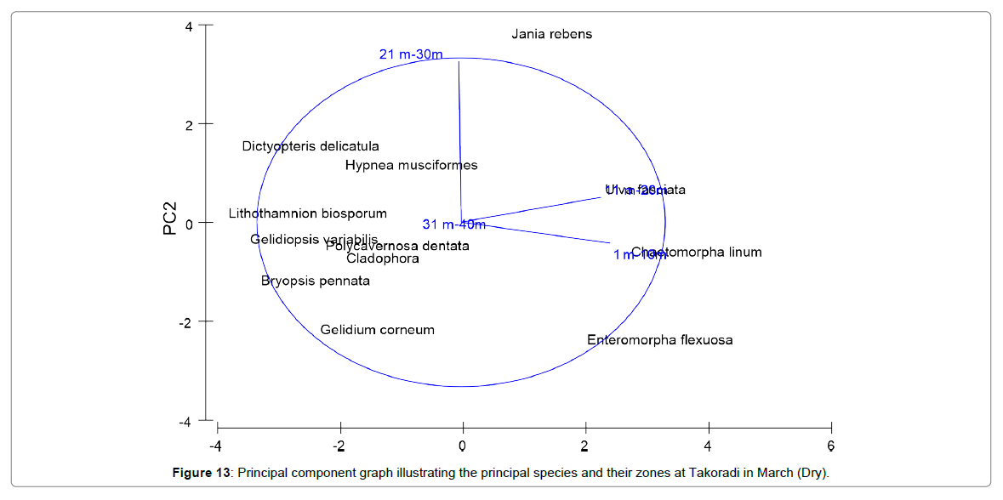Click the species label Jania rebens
pyautogui.click(x=551, y=35)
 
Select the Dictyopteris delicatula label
pyautogui.click(x=311, y=147)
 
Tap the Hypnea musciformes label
pyautogui.click(x=411, y=166)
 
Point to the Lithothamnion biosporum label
pyautogui.click(x=307, y=214)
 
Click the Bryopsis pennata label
pyautogui.click(x=316, y=281)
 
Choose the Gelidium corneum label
pyautogui.click(x=377, y=330)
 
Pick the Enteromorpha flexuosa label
pyautogui.click(x=659, y=341)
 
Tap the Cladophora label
pyautogui.click(x=382, y=259)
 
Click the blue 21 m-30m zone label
pyautogui.click(x=411, y=55)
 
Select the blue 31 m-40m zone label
pyautogui.click(x=453, y=224)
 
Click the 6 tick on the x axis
pyautogui.click(x=830, y=446)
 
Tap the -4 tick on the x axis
pyautogui.click(x=217, y=446)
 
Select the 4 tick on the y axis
pyautogui.click(x=188, y=26)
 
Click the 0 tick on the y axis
pyautogui.click(x=188, y=223)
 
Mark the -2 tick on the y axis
pyautogui.click(x=185, y=321)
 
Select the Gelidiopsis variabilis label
pyautogui.click(x=313, y=240)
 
